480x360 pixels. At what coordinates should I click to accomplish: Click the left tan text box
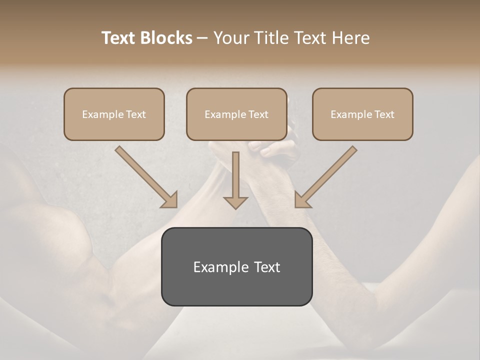click(114, 114)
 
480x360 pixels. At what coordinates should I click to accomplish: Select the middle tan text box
click(236, 114)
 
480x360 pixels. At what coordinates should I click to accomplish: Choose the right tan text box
click(362, 114)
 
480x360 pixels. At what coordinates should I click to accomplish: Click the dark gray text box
click(236, 266)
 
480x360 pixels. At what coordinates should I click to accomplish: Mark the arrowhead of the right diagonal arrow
click(302, 200)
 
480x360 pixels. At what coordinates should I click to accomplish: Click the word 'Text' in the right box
click(384, 114)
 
